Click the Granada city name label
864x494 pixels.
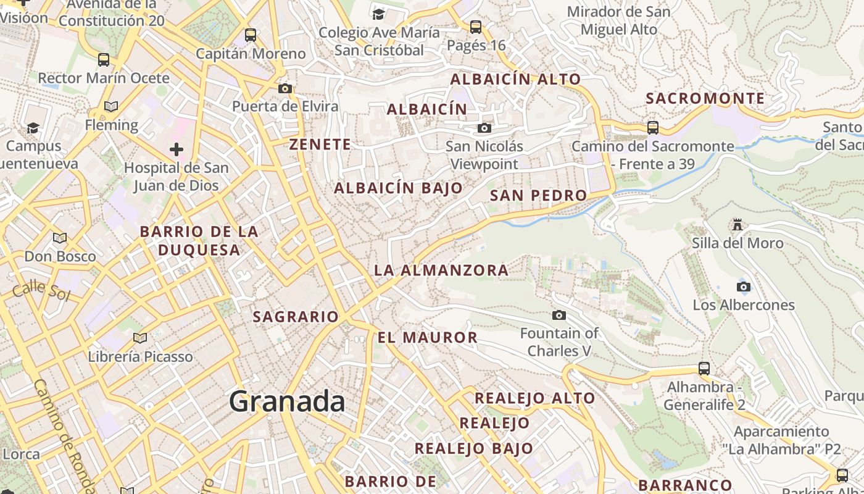click(287, 402)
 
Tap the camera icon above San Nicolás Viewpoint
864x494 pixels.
click(484, 128)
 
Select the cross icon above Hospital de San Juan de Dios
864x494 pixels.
click(177, 149)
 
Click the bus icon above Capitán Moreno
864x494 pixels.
click(250, 35)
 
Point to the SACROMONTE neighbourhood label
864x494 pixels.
click(705, 99)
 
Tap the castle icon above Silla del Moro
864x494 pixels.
click(737, 224)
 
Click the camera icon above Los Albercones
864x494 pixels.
click(744, 287)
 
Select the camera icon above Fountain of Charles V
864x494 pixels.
click(559, 316)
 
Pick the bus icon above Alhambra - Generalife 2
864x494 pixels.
click(704, 369)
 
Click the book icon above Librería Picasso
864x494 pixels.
click(140, 338)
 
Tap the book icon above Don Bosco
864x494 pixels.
click(60, 238)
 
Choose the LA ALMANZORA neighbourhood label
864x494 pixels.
click(441, 270)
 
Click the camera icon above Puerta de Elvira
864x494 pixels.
click(285, 88)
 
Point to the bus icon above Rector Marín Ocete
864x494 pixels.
click(104, 60)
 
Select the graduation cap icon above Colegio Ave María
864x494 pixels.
click(378, 14)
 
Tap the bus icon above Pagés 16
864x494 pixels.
click(476, 27)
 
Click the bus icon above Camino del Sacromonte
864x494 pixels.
click(653, 128)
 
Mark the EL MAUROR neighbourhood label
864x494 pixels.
click(428, 338)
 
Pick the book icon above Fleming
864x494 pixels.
click(111, 107)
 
